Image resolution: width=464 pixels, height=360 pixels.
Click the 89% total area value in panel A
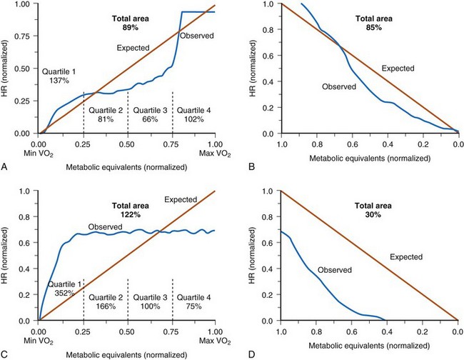[128, 26]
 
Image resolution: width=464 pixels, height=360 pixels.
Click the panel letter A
[6, 166]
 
